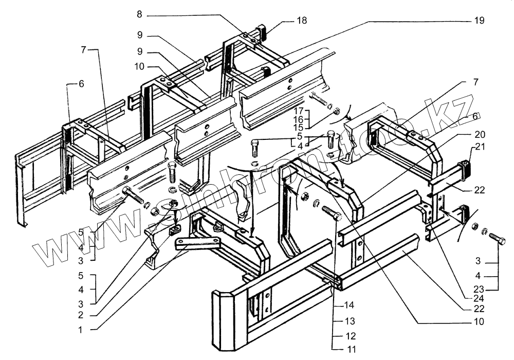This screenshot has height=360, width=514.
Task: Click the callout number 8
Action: (140, 15)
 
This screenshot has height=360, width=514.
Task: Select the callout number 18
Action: (302, 21)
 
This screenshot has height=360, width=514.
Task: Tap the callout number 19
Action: (479, 21)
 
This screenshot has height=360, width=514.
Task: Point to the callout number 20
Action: (479, 134)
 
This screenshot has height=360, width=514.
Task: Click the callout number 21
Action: (480, 147)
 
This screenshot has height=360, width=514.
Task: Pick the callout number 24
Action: (479, 299)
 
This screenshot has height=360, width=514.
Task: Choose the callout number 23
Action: (478, 290)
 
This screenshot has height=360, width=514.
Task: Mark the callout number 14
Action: (350, 305)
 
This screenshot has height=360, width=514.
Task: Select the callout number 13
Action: (350, 320)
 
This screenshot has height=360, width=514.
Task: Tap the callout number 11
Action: (351, 350)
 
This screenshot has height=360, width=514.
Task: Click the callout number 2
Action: (81, 315)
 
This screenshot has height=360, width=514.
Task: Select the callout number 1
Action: (81, 330)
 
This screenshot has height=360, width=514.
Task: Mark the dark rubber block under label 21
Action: (466, 168)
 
